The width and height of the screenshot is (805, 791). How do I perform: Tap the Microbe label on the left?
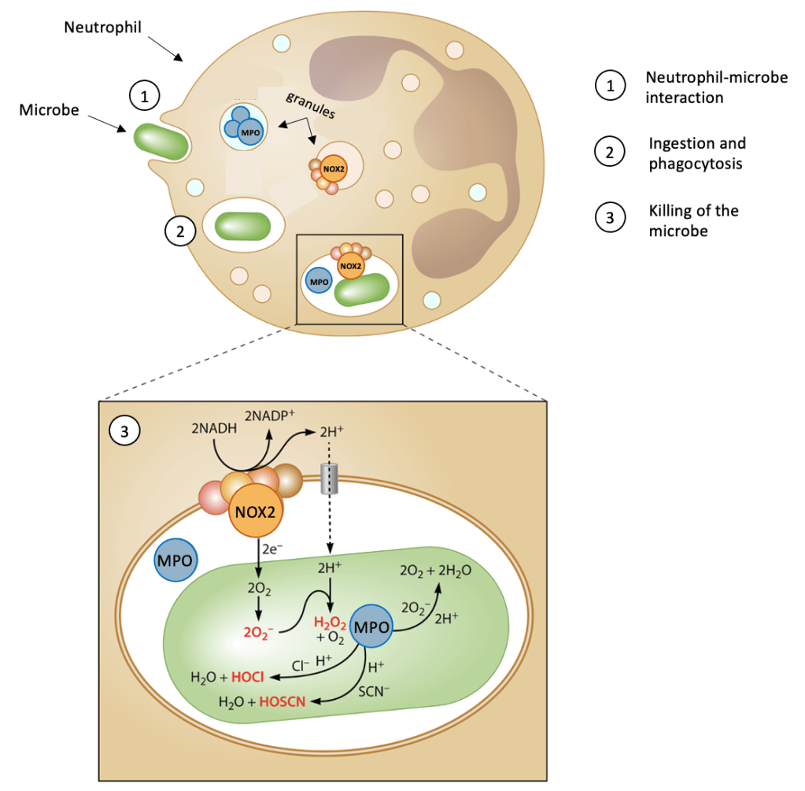coord(49,110)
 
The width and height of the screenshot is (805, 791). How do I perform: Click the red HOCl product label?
coord(247,676)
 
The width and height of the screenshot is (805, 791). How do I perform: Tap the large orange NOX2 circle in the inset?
coord(256,515)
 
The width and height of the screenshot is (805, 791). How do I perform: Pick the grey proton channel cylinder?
coord(330,480)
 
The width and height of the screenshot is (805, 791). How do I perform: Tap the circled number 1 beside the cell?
coord(144,97)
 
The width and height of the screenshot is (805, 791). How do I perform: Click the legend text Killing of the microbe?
coord(692,221)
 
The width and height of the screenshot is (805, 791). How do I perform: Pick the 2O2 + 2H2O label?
coord(437,570)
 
